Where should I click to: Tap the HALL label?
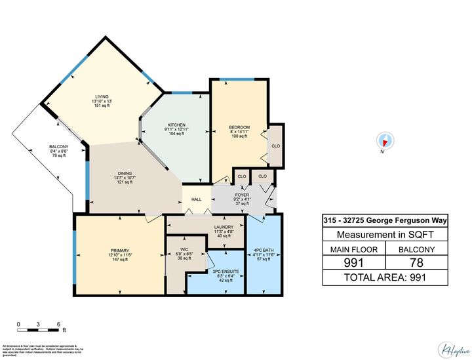click(196, 199)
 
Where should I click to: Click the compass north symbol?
click(385, 140)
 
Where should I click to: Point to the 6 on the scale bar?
click(59, 324)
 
